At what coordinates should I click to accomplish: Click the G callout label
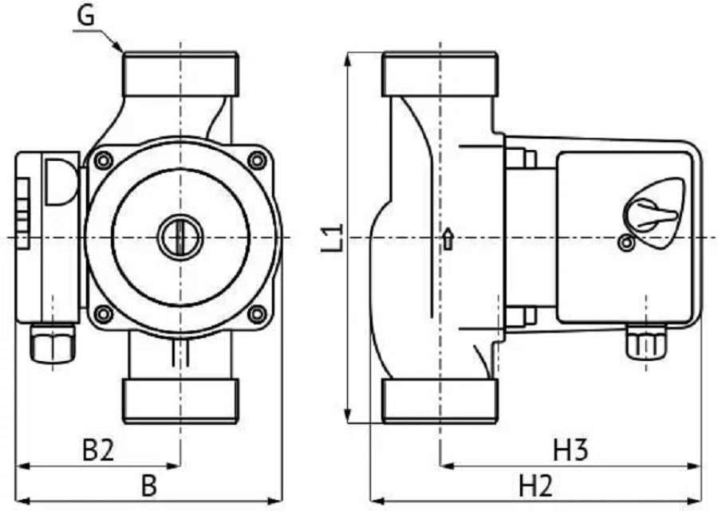[85, 16]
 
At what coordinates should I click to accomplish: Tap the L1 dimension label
[332, 238]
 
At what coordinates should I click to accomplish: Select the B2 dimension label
[98, 450]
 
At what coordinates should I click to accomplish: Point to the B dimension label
[149, 485]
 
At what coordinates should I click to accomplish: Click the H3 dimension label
[570, 450]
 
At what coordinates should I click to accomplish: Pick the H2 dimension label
[536, 485]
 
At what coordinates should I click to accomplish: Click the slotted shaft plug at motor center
[180, 238]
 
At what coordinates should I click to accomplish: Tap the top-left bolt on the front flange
[104, 160]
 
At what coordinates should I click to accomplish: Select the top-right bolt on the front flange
[257, 160]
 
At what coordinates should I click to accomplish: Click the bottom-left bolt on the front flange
[104, 314]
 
